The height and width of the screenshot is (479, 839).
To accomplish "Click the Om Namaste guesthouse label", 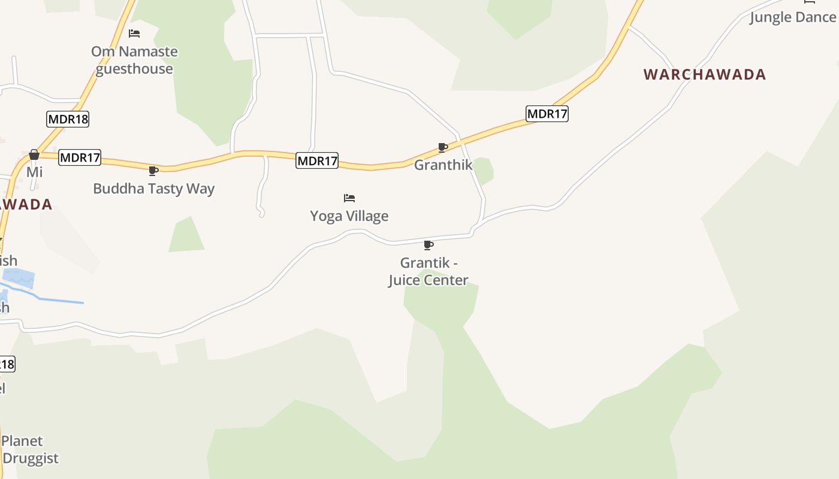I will pos(134,60).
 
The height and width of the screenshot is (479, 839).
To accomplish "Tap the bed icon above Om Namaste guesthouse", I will pos(134,34).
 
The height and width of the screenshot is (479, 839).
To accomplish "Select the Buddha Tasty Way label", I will pos(153,189).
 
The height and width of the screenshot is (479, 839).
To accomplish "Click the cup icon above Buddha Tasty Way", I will pos(153,171).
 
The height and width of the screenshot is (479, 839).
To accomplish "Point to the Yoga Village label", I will pos(349,216).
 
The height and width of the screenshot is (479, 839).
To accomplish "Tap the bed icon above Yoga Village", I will pos(349,198).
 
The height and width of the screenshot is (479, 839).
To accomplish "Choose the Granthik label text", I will pos(443,165).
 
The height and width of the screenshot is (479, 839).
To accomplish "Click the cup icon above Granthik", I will pos(442,147).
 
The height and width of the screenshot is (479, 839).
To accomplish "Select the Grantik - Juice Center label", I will pos(428,271).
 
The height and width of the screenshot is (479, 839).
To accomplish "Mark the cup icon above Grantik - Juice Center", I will pos(428,245).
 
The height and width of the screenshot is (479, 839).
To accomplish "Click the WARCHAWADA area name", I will pos(705,75).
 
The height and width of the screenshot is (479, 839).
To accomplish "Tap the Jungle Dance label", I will pos(792,17).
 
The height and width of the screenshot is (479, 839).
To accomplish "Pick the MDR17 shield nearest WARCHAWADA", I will pos(547,114).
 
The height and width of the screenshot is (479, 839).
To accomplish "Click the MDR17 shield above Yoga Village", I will pos(317,160).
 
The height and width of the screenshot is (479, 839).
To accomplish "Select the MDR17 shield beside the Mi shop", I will pos(80,158).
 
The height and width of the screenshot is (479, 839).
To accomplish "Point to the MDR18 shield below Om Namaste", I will pos(68,119).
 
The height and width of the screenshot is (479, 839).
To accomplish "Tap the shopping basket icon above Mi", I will pos(34,154).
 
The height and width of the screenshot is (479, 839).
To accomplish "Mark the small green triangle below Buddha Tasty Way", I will pos(187,236).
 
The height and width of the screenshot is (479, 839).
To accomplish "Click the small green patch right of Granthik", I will pos(484,171).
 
